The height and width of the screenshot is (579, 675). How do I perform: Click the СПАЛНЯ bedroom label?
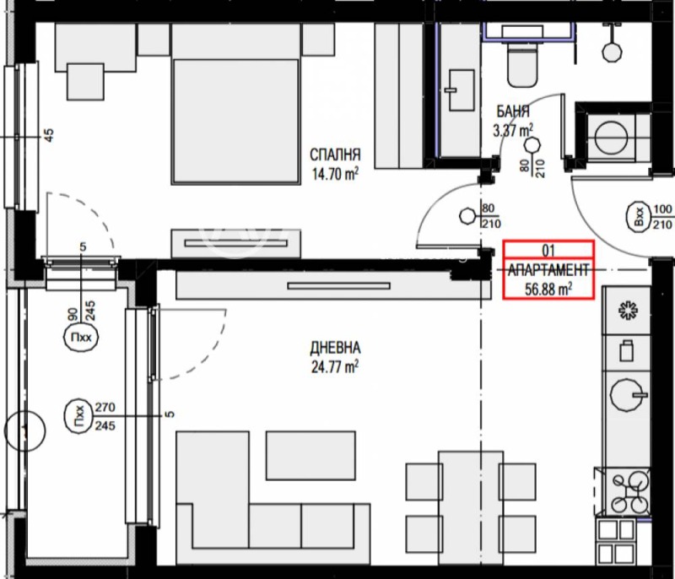coord(335,155)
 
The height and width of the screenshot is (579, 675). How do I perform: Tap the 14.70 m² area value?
coord(335,174)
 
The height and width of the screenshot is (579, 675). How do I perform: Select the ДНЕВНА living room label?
coord(335,347)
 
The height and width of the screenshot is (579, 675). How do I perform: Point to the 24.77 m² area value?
coord(335,365)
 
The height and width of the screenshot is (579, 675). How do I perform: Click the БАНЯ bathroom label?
coord(514,111)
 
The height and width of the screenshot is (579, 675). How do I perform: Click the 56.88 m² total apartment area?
coord(548,288)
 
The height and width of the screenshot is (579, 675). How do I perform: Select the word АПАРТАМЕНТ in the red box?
coord(548,270)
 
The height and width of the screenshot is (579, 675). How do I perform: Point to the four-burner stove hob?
coord(627,492)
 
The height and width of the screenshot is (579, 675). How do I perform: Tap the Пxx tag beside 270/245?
coord(79,416)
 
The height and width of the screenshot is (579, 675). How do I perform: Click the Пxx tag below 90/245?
coord(81,340)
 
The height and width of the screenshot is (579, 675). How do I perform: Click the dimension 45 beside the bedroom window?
coord(48,135)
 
